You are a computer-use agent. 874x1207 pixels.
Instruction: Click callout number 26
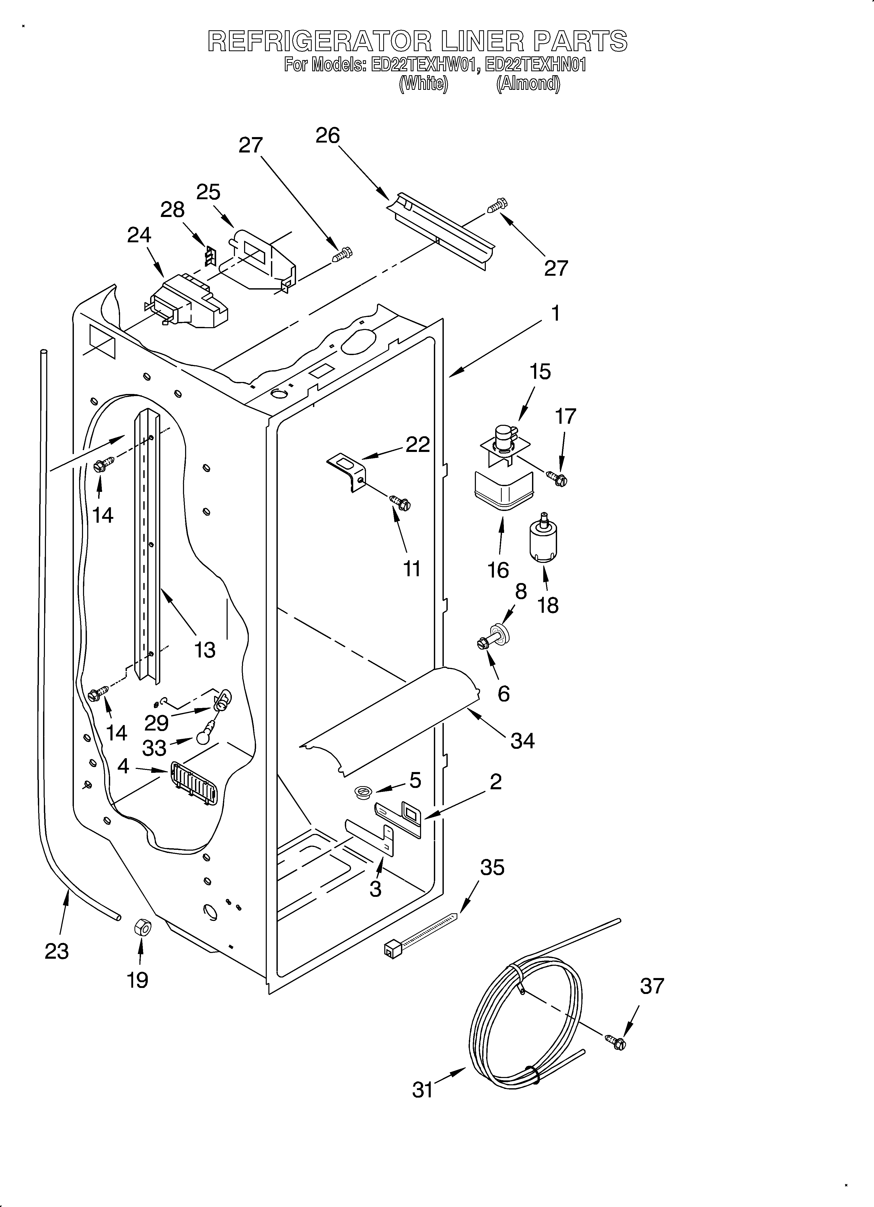pos(327,136)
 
